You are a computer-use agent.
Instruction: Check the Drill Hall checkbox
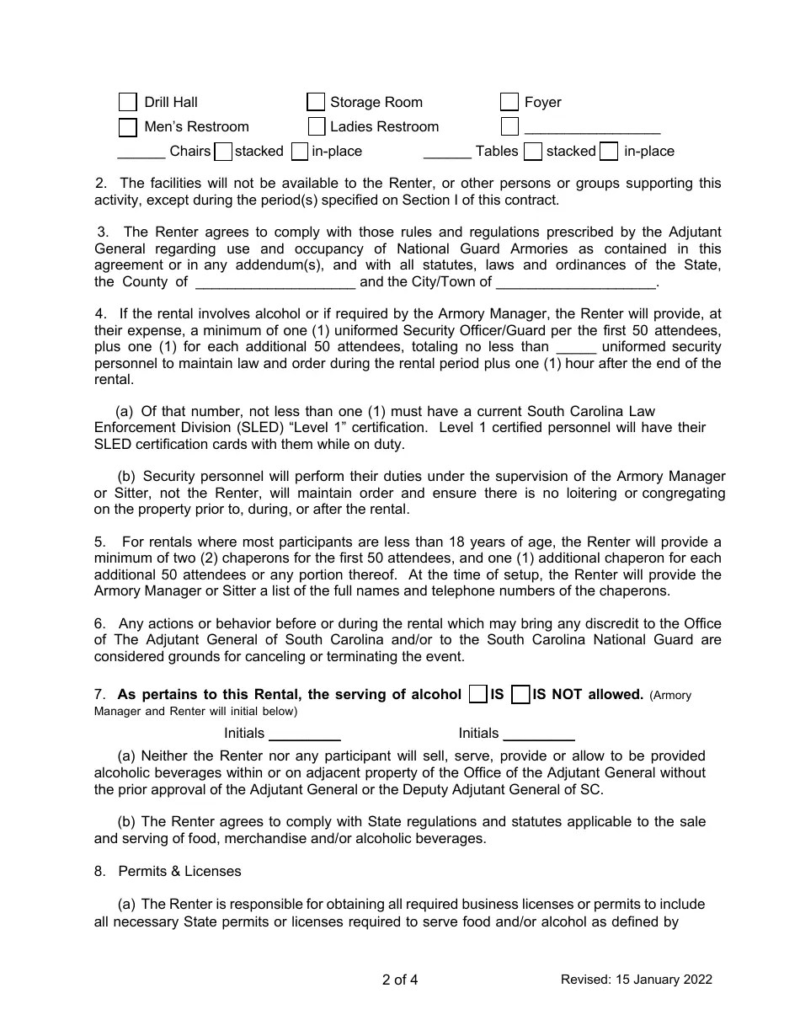coord(127,102)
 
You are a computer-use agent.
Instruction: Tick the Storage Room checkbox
coord(316,102)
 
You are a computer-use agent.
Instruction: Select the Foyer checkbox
coord(509,102)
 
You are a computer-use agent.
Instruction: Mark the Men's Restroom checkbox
coord(127,127)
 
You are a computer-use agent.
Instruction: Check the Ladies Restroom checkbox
coord(316,127)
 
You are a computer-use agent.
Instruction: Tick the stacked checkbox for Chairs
coord(223,152)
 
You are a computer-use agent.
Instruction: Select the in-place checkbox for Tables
coord(610,152)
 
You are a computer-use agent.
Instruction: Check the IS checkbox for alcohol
coord(477,694)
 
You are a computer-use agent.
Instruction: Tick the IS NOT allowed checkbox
coord(520,694)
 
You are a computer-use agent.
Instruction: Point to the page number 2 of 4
coord(400,980)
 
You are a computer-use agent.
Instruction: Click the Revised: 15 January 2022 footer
coord(637,980)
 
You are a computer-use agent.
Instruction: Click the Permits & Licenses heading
coord(179,871)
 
